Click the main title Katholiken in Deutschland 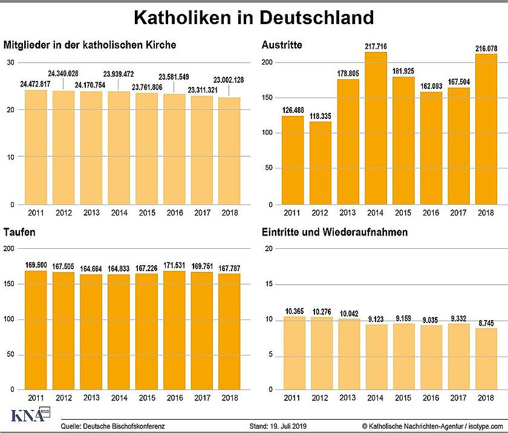click(253, 18)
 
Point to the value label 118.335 click(320, 116)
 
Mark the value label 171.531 click(175, 266)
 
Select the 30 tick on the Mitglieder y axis click(10, 63)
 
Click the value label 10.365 click(293, 310)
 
